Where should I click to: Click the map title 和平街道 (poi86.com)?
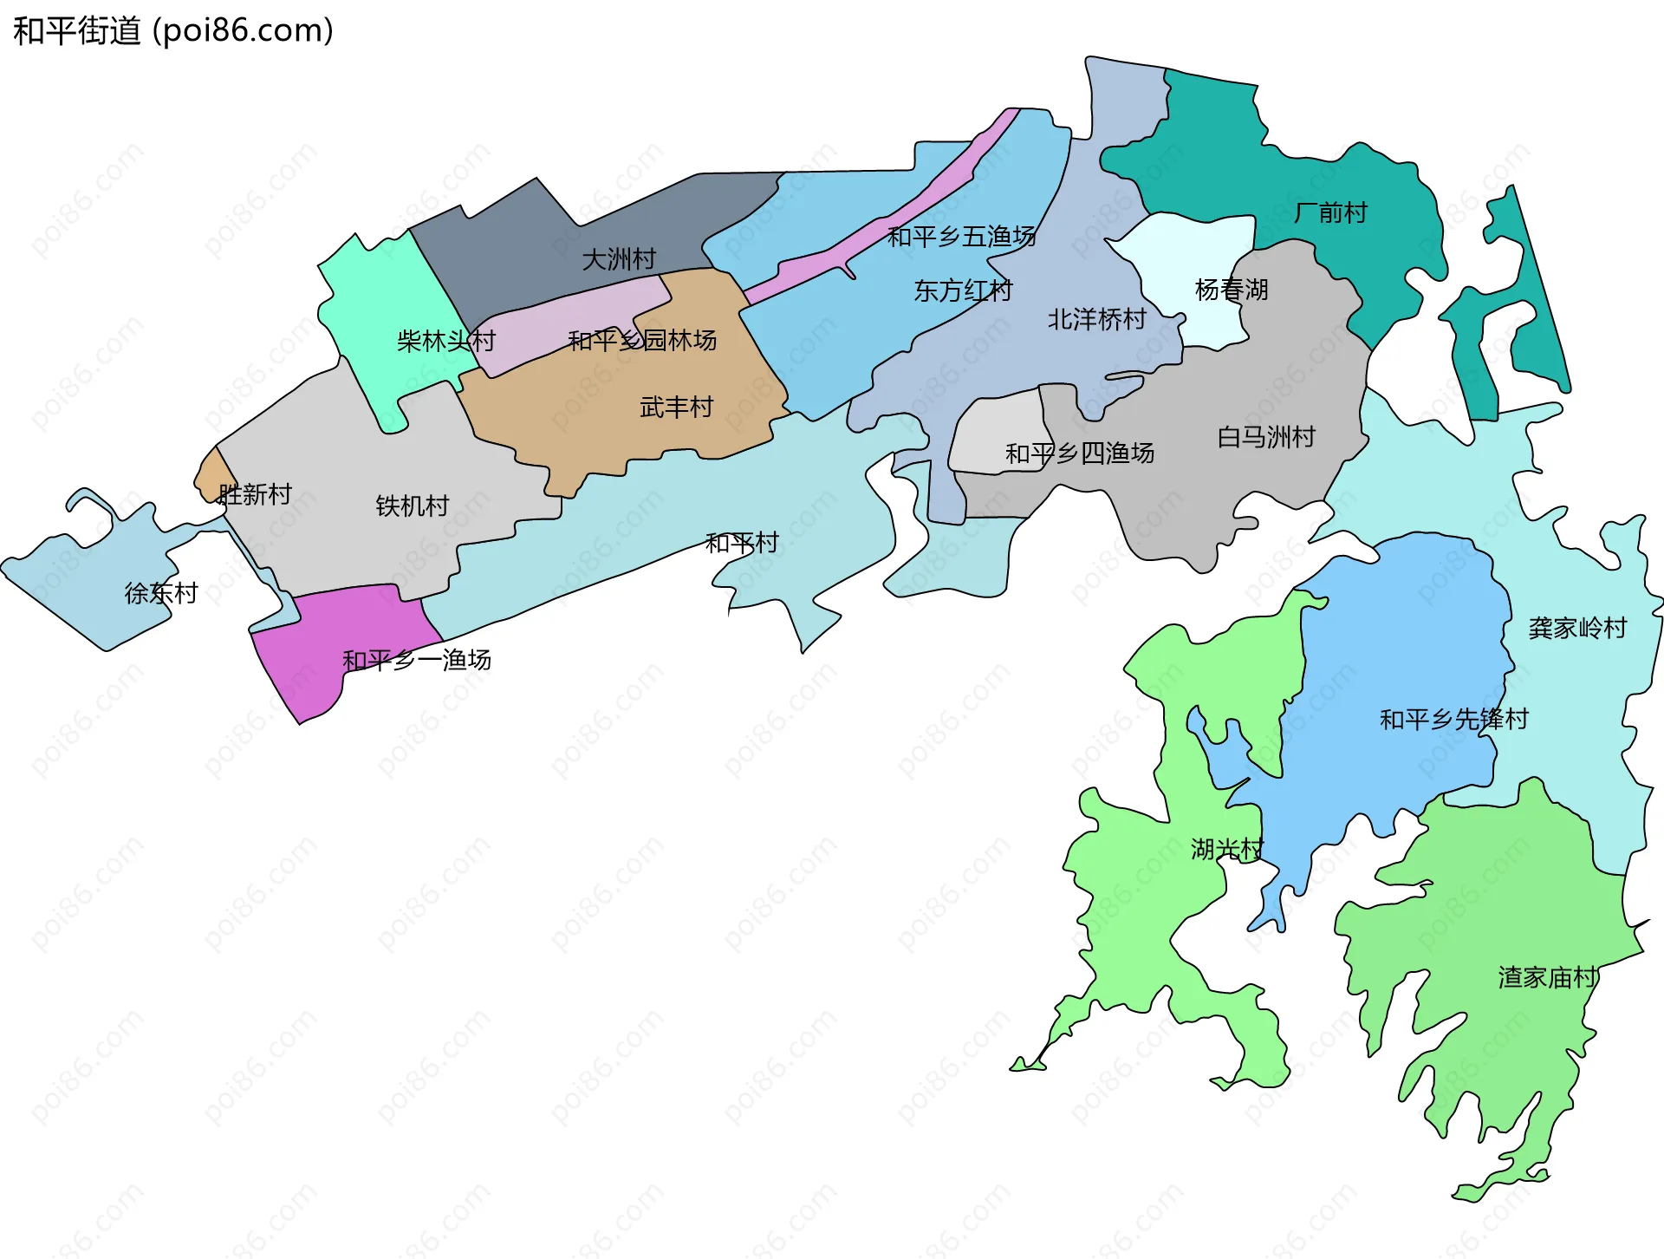(x=173, y=30)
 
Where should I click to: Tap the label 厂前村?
(x=1330, y=212)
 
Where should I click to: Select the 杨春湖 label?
(x=1232, y=290)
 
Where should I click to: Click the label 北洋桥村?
(x=1097, y=319)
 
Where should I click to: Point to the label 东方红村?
(x=963, y=290)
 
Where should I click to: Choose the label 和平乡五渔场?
(x=961, y=236)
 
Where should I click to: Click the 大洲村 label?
(x=619, y=258)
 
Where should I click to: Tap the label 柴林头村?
(x=445, y=341)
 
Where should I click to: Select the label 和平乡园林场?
(x=642, y=340)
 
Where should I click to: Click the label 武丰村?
(x=676, y=407)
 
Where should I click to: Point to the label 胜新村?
(x=255, y=494)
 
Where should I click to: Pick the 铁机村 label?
(x=413, y=506)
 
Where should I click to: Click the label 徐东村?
(x=161, y=593)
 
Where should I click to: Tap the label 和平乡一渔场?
(x=417, y=660)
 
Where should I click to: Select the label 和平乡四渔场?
(x=1080, y=453)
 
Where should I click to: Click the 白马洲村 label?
(x=1266, y=437)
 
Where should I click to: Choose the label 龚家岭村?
(x=1577, y=628)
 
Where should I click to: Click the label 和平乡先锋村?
(x=1453, y=719)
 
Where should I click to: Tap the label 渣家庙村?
(x=1548, y=977)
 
